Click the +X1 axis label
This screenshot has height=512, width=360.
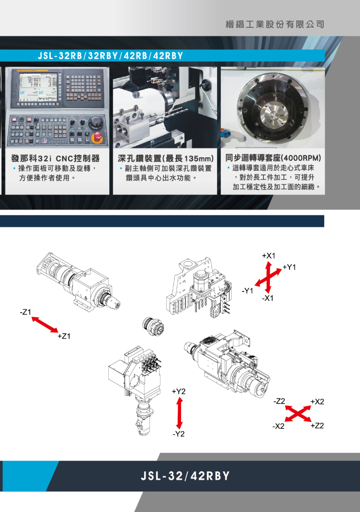tap(268, 256)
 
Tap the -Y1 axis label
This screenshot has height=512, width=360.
tap(248, 291)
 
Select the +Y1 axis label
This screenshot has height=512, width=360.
tap(289, 267)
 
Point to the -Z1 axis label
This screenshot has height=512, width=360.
tap(25, 312)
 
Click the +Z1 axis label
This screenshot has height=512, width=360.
tap(64, 336)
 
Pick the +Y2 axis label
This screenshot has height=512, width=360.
tap(179, 391)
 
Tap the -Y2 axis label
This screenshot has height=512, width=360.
tap(179, 434)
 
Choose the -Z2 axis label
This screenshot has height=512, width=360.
tap(279, 401)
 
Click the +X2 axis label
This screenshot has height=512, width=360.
tap(317, 402)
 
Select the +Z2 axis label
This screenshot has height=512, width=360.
tap(317, 425)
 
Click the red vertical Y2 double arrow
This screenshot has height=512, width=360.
tap(179, 414)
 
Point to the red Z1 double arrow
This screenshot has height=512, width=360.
tap(45, 324)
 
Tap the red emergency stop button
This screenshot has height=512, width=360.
tap(97, 138)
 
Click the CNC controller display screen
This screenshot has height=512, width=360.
tap(38, 87)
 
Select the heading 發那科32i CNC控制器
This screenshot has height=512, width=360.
tap(55, 159)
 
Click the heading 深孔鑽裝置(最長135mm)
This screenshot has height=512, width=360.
tap(166, 159)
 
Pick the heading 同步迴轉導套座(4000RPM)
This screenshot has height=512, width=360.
tap(273, 158)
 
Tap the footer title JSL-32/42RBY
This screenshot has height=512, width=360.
tap(185, 476)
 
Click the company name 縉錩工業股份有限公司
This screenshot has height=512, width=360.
tap(275, 24)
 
